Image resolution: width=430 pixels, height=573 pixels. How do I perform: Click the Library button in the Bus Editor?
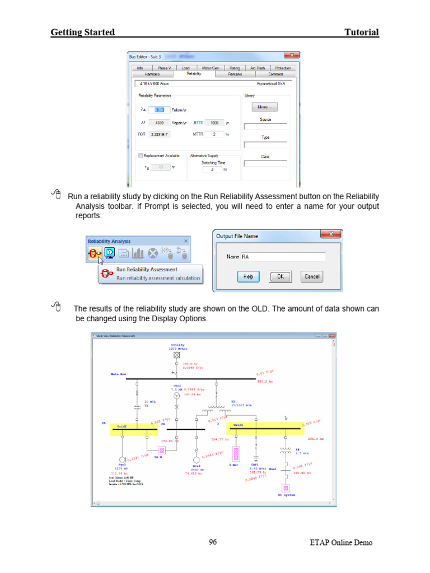tap(265, 107)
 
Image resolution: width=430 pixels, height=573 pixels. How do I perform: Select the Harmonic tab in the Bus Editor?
tap(152, 74)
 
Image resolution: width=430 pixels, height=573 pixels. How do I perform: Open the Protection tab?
tap(283, 68)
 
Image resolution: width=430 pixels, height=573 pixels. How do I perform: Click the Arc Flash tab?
tap(258, 68)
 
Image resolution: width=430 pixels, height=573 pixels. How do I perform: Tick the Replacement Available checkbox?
tap(141, 156)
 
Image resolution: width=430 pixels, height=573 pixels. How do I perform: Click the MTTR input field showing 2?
tap(214, 134)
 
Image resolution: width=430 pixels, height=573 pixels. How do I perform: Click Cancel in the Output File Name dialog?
tap(312, 276)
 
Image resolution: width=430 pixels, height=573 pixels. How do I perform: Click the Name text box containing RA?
tap(283, 257)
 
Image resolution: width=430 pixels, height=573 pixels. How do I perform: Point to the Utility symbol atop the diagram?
tap(176, 355)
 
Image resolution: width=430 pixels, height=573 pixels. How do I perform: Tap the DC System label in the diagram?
tap(287, 495)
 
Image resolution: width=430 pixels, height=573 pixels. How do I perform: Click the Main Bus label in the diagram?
tap(118, 373)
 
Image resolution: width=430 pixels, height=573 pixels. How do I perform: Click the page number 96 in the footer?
tap(213, 542)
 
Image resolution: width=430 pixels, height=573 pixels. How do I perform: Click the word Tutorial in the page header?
tap(362, 32)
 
